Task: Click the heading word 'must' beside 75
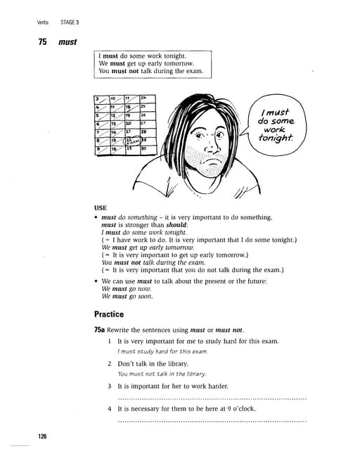tap(67, 42)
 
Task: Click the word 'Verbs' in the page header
tap(45, 22)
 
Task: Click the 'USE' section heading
tap(100, 208)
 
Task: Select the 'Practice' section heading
tap(109, 314)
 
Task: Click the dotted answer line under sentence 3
tap(211, 399)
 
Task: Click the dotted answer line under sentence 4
tap(211, 421)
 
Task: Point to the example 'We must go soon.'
tap(127, 296)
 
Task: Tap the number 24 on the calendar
tap(143, 98)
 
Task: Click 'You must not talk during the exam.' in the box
tap(150, 71)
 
